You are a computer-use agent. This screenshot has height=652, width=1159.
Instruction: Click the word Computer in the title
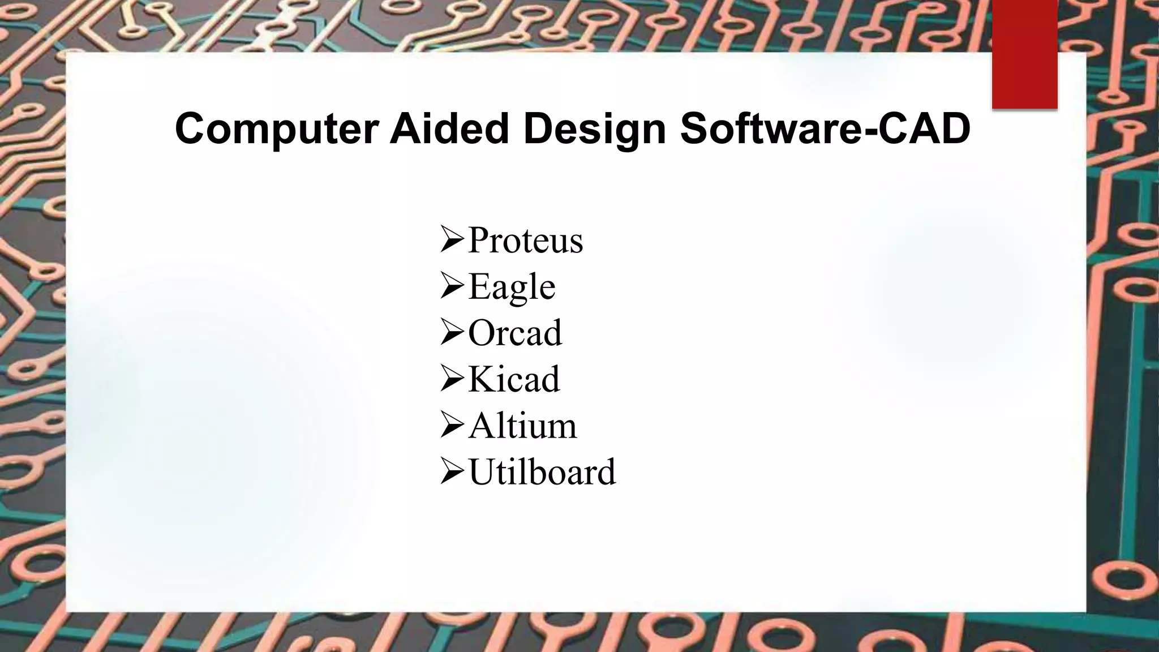tap(276, 129)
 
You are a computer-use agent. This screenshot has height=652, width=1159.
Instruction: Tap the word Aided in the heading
tap(449, 129)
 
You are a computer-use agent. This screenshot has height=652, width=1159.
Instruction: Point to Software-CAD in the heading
tap(825, 129)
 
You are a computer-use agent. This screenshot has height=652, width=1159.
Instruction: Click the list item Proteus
tap(525, 240)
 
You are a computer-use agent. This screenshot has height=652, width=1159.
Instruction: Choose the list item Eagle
tap(512, 287)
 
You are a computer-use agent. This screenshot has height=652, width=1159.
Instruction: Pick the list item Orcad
tap(515, 333)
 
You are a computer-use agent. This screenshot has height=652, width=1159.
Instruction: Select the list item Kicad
tap(514, 379)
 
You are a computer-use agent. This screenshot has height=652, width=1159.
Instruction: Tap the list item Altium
tap(522, 426)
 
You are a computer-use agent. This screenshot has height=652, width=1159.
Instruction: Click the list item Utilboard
tap(542, 472)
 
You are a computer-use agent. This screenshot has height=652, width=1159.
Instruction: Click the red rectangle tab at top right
tap(1024, 54)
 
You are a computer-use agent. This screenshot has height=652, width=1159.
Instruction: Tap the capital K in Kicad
tap(481, 379)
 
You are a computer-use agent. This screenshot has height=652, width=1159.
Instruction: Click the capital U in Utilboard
tap(482, 472)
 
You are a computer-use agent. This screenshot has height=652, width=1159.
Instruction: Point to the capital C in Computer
tap(191, 129)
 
